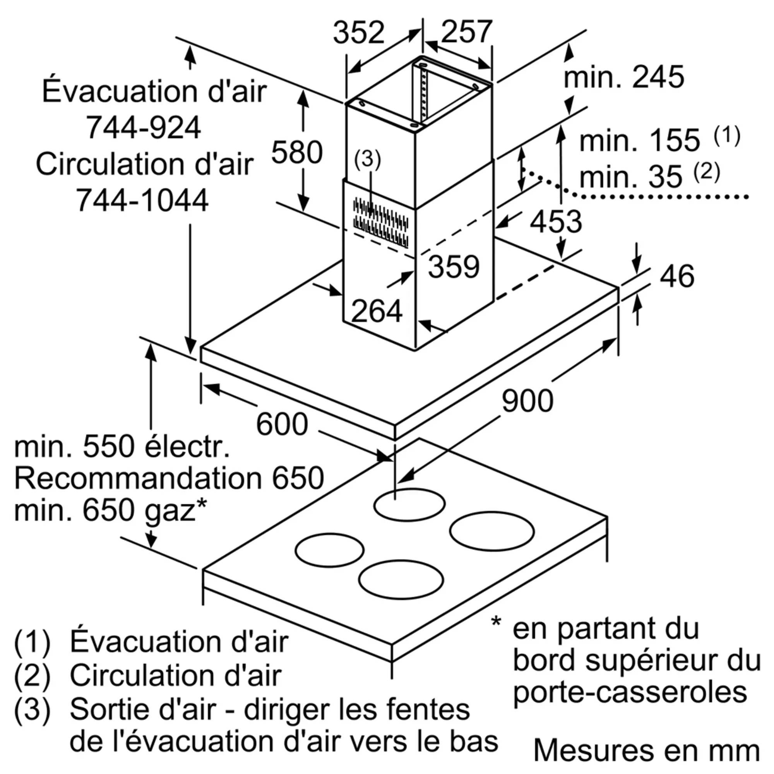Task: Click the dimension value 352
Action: click(359, 33)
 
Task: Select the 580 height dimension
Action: click(297, 152)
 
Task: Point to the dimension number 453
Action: click(556, 221)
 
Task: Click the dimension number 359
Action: click(454, 266)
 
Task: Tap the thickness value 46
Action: click(676, 276)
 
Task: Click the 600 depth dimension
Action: click(282, 424)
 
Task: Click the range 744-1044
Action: click(142, 200)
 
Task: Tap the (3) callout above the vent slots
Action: click(367, 159)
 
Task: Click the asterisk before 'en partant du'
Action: click(496, 622)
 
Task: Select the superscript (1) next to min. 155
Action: click(727, 136)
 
